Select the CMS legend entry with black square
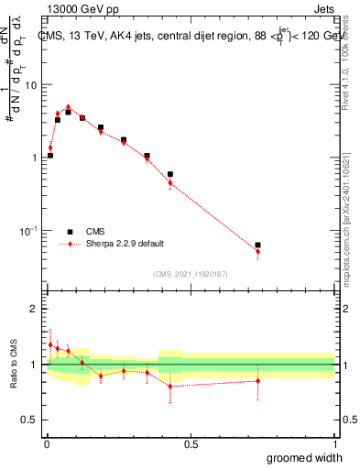70,232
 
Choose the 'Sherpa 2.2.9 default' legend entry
70,244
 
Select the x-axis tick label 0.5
191,445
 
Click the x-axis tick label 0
46,445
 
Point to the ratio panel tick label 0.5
31,420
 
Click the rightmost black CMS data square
257,245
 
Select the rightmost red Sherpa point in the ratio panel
257,381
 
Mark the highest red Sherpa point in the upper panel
68,107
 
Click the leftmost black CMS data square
50,156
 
